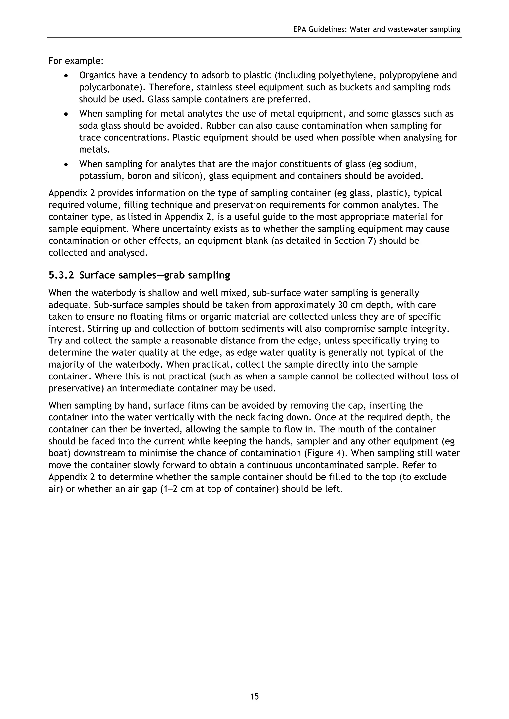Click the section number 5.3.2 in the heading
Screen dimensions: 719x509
tap(61, 275)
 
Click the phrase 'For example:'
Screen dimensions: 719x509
tap(76, 61)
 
